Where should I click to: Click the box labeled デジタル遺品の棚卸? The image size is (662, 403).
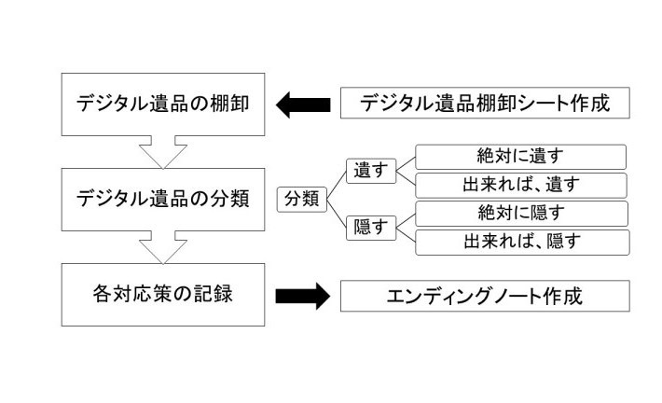coord(163,104)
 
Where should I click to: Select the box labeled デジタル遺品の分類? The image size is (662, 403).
coord(163,199)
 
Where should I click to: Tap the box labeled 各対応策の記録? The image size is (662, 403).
coord(163,296)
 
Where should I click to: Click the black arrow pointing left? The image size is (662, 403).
coord(303,104)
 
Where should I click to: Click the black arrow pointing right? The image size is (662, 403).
coord(303,297)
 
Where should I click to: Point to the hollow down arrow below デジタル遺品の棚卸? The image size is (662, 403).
coord(163,150)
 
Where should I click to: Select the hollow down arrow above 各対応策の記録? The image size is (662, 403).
coord(163,248)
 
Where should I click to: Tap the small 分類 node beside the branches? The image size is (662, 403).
coord(301,200)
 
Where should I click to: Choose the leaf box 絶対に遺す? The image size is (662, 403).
coord(520,157)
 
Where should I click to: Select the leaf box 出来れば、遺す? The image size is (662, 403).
coord(520,185)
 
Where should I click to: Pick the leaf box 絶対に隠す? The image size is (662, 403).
coord(520,213)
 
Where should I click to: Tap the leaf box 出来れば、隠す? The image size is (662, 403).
coord(520,241)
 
